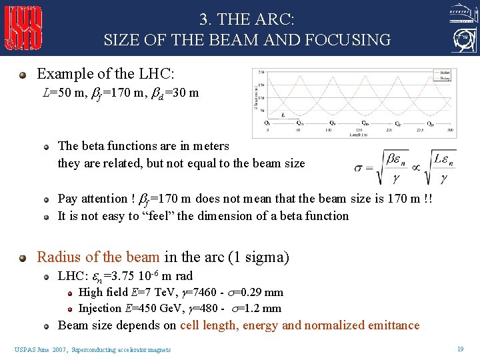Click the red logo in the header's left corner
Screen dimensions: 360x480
click(x=23, y=27)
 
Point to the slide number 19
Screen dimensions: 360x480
click(x=460, y=349)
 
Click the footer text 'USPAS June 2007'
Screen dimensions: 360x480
click(x=41, y=349)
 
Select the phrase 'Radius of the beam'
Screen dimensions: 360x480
click(x=98, y=257)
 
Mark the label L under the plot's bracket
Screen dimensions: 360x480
click(x=283, y=115)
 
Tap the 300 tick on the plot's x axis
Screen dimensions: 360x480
click(x=450, y=131)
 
